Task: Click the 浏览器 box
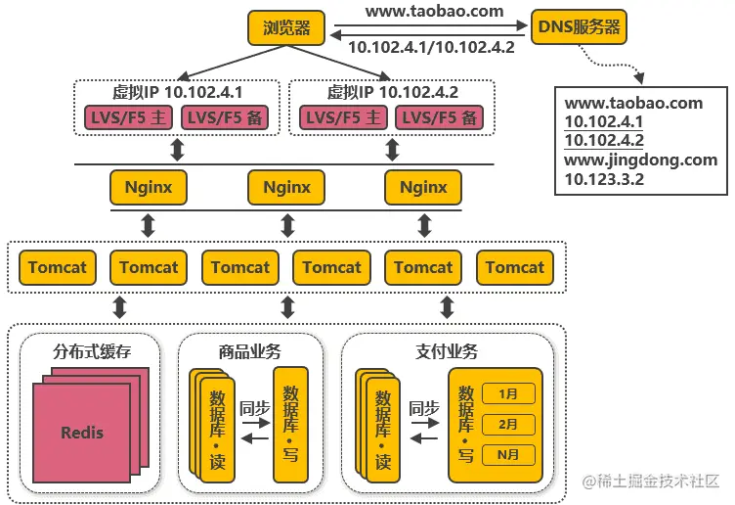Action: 286,28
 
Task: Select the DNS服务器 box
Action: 579,27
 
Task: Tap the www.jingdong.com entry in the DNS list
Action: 640,160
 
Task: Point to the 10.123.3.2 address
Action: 603,179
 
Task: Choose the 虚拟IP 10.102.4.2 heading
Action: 392,93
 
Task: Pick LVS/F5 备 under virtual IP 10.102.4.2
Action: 441,117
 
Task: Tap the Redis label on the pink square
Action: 82,432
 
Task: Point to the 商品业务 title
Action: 249,351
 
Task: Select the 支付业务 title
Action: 446,351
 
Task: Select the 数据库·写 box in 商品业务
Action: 289,423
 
